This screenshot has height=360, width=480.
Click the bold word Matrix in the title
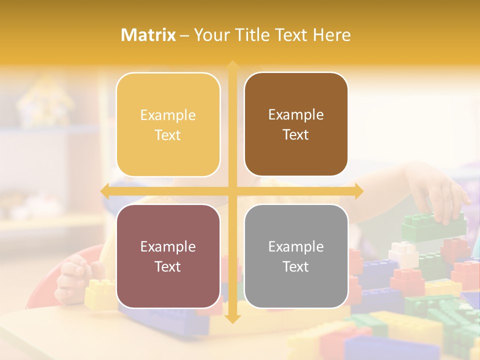[x=148, y=35]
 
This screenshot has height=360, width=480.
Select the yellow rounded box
[x=168, y=124]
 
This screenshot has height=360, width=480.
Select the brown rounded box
[x=296, y=124]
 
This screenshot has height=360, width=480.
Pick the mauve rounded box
[x=168, y=256]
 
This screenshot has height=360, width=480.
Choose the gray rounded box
[x=296, y=256]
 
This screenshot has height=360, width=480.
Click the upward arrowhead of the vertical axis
[x=232, y=65]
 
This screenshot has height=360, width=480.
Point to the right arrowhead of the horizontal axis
[x=358, y=191]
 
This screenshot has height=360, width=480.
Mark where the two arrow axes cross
[x=232, y=191]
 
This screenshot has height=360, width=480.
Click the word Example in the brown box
[x=296, y=114]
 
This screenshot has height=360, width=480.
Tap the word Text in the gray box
[x=296, y=266]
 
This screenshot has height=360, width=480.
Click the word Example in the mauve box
[x=168, y=246]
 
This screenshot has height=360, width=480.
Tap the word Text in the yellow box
[x=168, y=135]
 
